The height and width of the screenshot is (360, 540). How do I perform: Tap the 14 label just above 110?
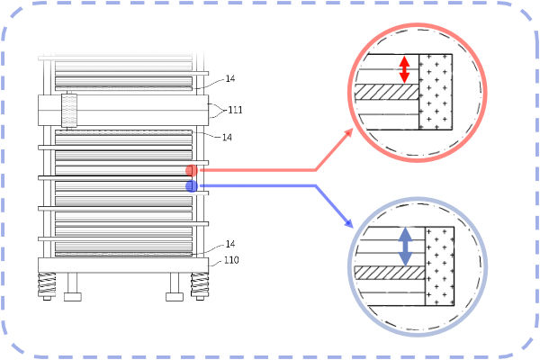point(230,245)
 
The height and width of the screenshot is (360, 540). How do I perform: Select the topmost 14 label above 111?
point(229,79)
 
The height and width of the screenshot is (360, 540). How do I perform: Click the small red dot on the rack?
point(191,170)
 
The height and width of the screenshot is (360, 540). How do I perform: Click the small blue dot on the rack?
point(191,186)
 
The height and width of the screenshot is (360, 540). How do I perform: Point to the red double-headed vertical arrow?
point(405,68)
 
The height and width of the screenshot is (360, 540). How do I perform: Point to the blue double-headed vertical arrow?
point(405,245)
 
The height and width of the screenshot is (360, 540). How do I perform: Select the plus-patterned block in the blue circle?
point(438,268)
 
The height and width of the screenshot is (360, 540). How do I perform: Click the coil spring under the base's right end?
point(201,286)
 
